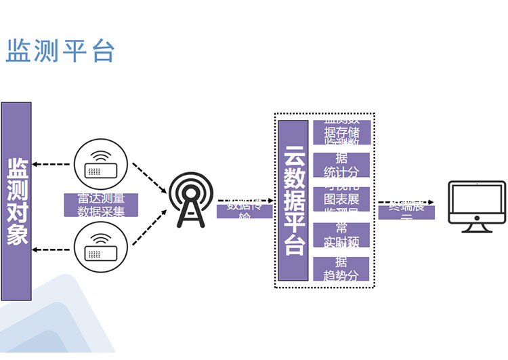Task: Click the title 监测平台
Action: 60,51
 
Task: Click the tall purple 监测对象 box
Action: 16,201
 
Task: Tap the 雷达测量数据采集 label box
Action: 101,205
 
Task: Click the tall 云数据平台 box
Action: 293,201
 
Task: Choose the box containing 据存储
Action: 341,132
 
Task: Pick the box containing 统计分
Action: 341,165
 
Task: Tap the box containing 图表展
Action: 341,199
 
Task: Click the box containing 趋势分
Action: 341,268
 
